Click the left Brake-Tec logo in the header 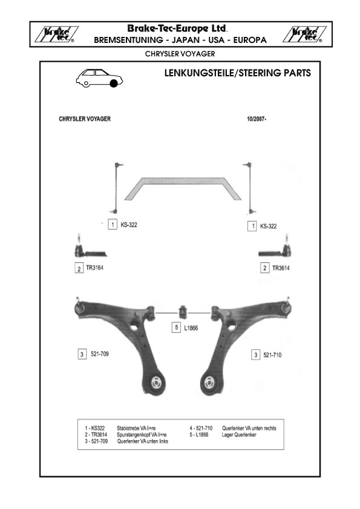[x=56, y=34]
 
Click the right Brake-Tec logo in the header [x=304, y=34]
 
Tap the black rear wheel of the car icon [x=114, y=84]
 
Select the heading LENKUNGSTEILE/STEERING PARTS [x=238, y=73]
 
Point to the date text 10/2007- [x=257, y=119]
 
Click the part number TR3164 [x=94, y=268]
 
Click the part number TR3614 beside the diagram [x=281, y=268]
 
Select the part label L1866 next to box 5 [x=191, y=328]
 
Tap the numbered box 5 [x=177, y=327]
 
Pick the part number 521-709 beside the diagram [x=100, y=354]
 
